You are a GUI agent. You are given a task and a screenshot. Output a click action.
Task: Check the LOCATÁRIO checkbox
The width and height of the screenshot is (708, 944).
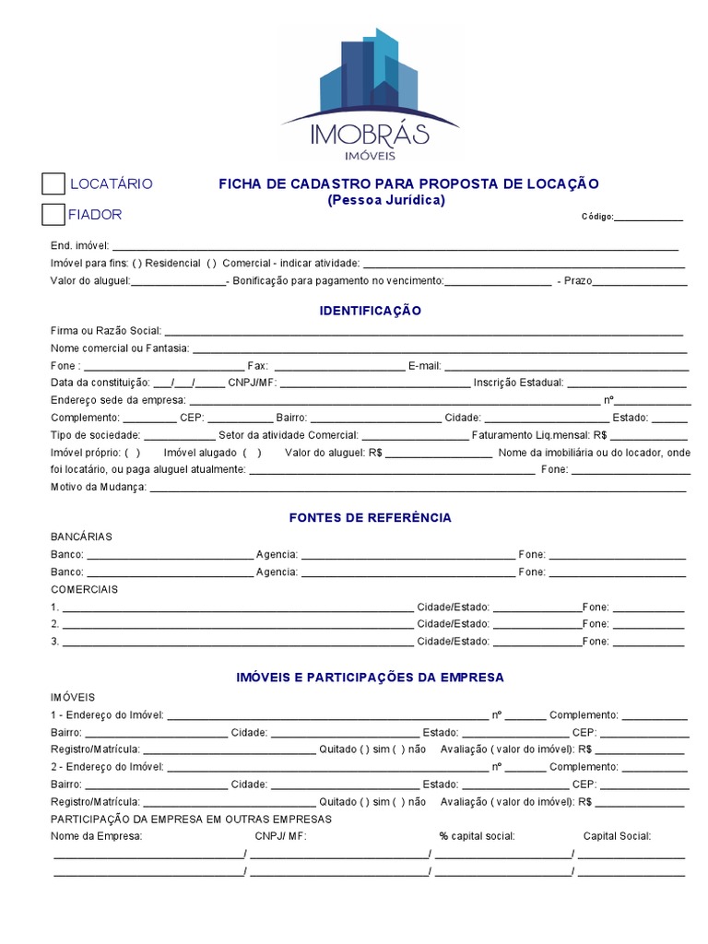click(53, 183)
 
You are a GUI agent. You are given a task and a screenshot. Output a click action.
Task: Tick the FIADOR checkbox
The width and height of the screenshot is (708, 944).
click(53, 215)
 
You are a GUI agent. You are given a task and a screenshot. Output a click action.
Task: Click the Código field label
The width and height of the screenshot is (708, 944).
click(596, 217)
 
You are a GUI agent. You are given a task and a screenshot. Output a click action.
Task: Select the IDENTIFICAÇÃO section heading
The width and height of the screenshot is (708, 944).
click(371, 311)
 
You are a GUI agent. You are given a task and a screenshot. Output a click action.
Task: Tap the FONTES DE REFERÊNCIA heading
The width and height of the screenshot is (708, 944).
click(371, 517)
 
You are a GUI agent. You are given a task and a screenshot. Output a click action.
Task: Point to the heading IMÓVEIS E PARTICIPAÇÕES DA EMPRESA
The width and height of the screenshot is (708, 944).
click(371, 677)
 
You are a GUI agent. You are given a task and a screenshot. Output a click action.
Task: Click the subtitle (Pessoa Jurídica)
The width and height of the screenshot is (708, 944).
click(386, 199)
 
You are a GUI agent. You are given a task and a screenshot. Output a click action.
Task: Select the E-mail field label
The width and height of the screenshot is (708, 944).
click(424, 366)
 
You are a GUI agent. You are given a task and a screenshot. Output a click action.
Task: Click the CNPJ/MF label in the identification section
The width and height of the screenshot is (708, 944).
click(251, 383)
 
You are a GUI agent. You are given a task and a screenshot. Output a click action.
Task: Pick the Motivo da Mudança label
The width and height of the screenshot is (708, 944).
click(99, 487)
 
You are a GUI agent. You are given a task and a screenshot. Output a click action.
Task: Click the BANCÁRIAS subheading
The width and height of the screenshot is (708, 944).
click(82, 537)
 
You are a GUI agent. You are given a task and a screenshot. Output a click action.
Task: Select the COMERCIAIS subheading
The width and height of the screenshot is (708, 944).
click(84, 589)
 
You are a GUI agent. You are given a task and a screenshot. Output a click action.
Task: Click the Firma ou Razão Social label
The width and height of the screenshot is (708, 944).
click(106, 330)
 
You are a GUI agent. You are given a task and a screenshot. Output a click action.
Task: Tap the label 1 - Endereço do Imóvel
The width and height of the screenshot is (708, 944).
click(107, 714)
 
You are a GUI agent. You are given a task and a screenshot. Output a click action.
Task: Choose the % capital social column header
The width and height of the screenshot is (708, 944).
click(477, 836)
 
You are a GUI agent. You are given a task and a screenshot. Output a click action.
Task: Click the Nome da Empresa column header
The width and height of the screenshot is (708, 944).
click(97, 836)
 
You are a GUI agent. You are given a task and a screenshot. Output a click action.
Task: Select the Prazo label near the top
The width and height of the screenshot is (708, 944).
click(577, 280)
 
